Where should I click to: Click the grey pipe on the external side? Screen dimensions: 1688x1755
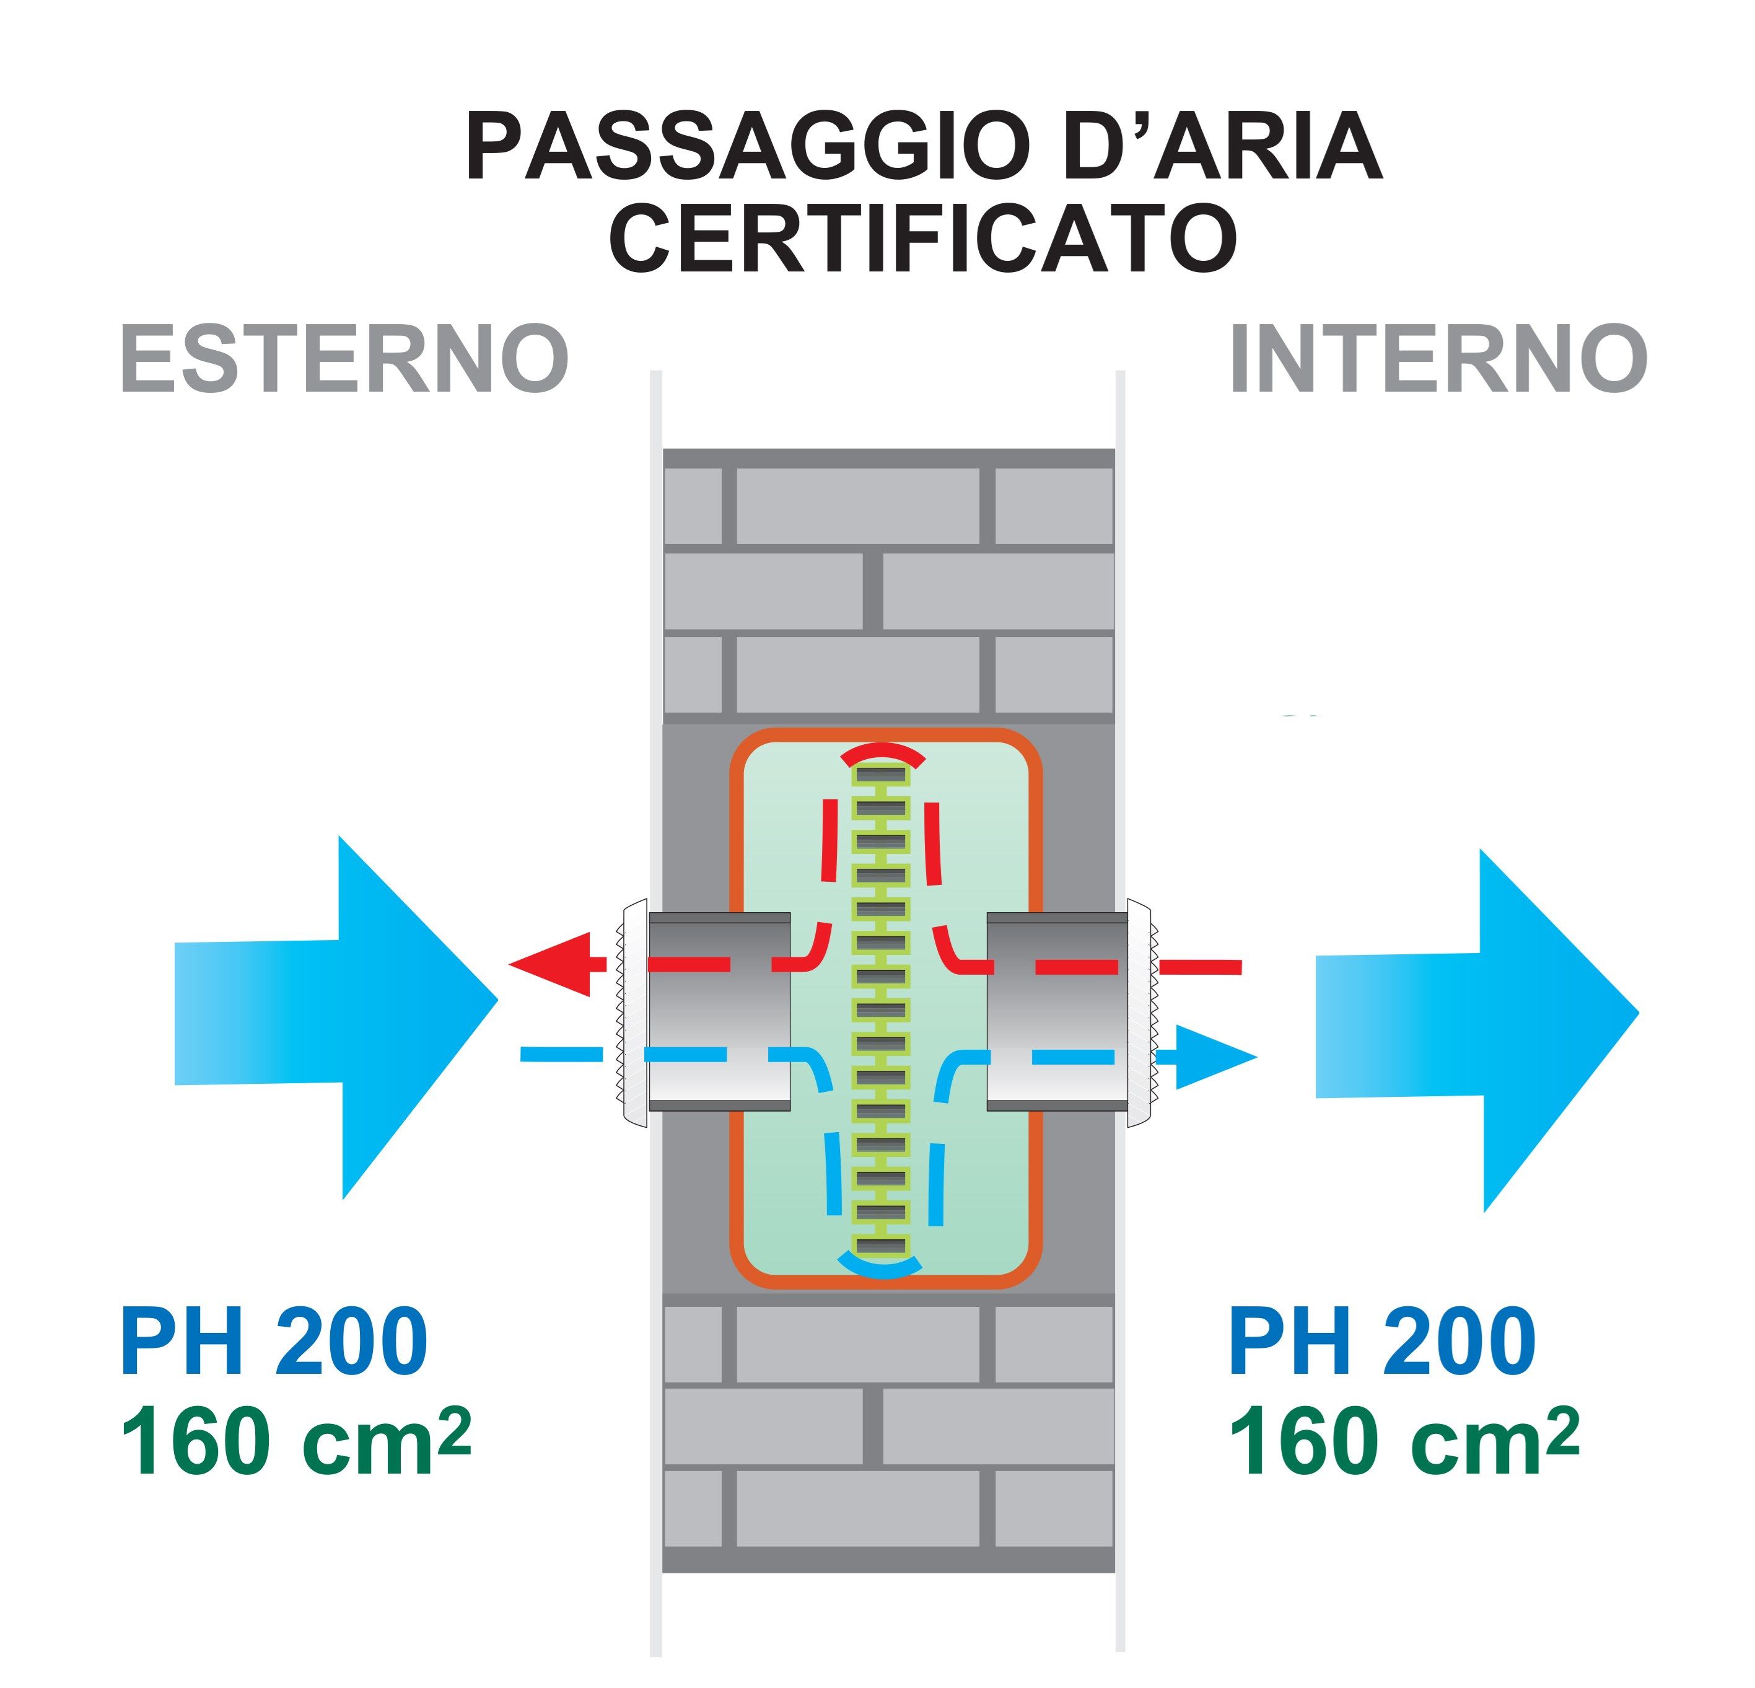[719, 1012]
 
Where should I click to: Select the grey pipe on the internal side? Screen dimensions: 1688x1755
[1057, 1012]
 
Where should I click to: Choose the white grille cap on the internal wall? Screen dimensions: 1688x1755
[1139, 1012]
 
